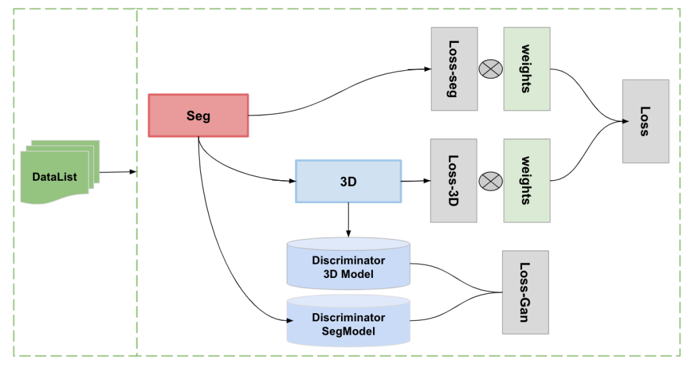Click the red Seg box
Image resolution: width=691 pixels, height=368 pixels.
pos(198,116)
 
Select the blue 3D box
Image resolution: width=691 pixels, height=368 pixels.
pos(348,181)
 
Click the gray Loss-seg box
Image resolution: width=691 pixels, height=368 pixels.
pos(454,69)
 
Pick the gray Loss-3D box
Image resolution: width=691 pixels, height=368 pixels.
pos(454,181)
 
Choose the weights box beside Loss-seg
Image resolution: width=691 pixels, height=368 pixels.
pos(527,69)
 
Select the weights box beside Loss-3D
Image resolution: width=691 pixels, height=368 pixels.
pos(527,181)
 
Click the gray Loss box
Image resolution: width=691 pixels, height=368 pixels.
pos(645,121)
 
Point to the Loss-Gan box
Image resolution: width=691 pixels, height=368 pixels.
pos(525,292)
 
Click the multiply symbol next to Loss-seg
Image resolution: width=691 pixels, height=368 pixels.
pos(491,70)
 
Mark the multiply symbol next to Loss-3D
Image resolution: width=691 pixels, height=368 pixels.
pos(491,181)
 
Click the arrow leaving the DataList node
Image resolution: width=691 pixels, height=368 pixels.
pos(118,171)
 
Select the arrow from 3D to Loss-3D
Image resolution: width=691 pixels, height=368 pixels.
pos(416,181)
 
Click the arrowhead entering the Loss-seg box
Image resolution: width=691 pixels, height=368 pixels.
pos(427,69)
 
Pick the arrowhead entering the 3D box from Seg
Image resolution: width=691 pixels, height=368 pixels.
pos(292,181)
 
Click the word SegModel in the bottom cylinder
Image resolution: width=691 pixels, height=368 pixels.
pos(348,332)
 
